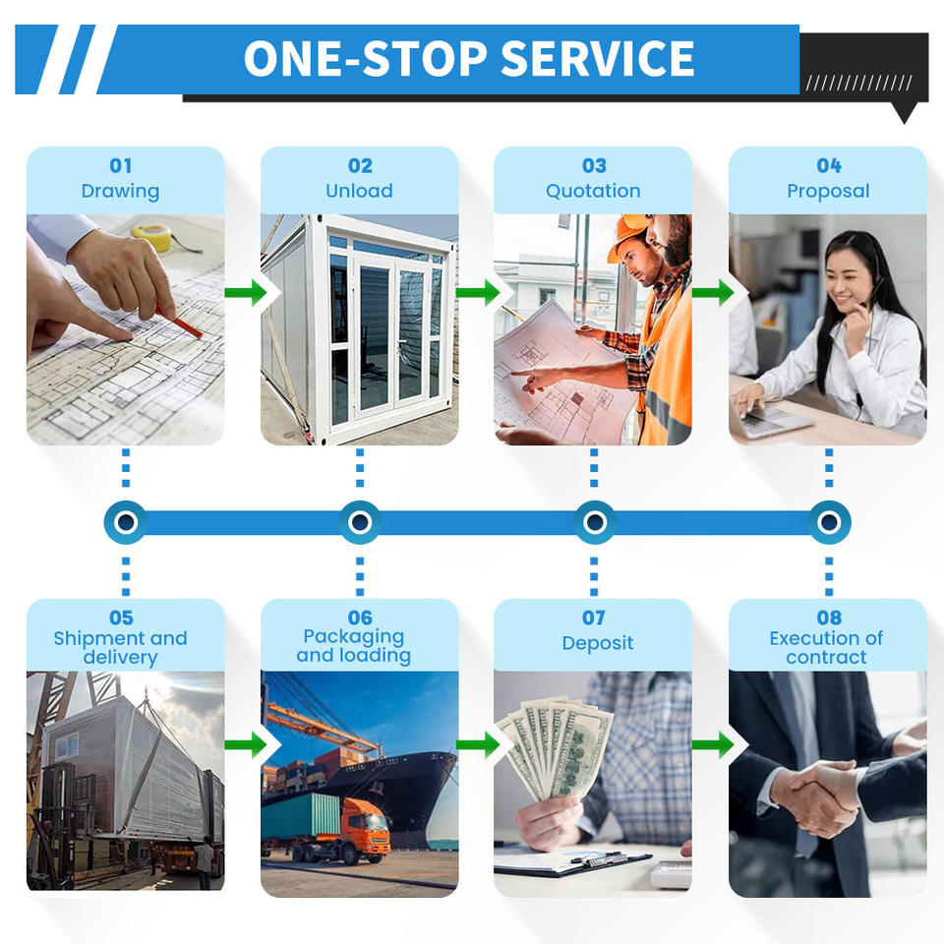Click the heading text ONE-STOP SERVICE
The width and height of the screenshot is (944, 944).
click(x=469, y=58)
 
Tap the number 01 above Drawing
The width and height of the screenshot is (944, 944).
click(x=120, y=166)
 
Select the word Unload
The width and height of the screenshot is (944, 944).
click(x=359, y=191)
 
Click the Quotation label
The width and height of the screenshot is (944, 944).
click(x=593, y=191)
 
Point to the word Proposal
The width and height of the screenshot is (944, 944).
click(x=828, y=191)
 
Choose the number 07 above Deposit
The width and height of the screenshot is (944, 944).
click(x=593, y=618)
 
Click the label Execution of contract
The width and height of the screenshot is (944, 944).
click(x=827, y=647)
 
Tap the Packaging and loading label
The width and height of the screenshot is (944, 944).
click(x=354, y=646)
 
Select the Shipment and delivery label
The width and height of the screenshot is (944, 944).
click(x=120, y=647)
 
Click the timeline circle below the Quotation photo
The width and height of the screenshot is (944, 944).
click(x=594, y=522)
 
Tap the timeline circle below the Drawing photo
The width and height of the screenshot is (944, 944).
click(x=125, y=522)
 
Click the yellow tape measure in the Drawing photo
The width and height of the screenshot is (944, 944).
click(x=151, y=235)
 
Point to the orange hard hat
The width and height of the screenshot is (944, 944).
click(x=628, y=236)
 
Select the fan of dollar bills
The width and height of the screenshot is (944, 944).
click(x=557, y=748)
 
